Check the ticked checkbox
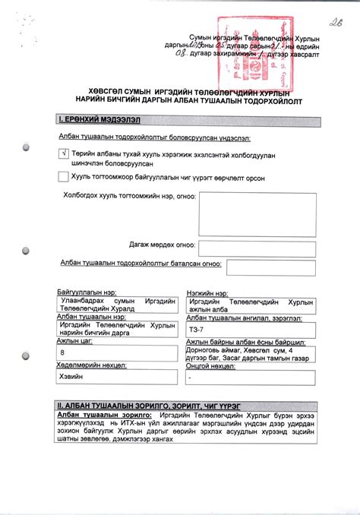pos(63,153)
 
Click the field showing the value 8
pos(117,353)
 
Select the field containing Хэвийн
pos(117,377)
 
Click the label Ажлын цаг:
pos(74,342)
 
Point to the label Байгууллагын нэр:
pos(86,292)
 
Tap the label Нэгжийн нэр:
pos(207,292)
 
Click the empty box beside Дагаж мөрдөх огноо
pos(257,245)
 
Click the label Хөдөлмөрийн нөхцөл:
pos(91,365)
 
